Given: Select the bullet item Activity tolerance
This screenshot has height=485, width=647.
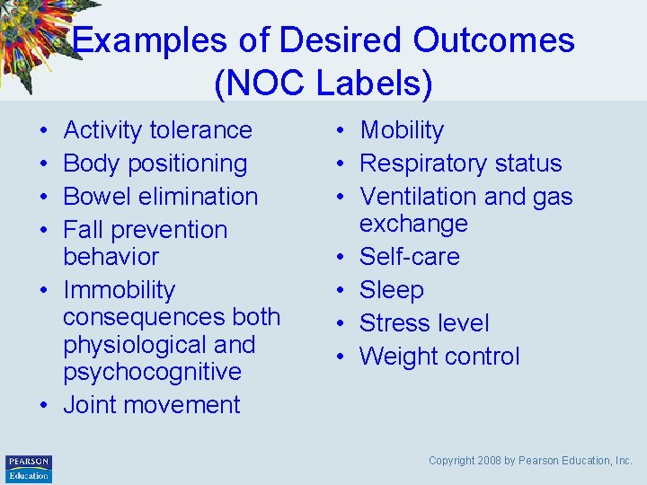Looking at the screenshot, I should pos(157,130).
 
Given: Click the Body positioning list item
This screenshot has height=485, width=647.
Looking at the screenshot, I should pos(155,163).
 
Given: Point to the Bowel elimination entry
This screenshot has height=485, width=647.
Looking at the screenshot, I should pos(160,197).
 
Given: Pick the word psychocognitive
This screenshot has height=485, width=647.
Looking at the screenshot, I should pos(152,372).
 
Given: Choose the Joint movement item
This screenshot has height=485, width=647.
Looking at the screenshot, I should pos(151,405).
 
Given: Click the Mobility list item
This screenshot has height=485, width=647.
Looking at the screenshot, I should pos(402,130).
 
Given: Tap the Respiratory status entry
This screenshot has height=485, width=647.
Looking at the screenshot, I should pos(460,163).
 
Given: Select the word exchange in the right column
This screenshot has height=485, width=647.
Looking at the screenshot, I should pos(413,224).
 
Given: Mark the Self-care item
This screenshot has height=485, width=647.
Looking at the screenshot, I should pos(409,257).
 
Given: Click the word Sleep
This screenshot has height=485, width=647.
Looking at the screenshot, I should pos(391,290).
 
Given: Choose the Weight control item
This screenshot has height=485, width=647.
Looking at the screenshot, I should pos(439,357).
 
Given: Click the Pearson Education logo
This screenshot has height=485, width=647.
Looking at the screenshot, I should pos(29,468).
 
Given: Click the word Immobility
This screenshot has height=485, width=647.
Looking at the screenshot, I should pos(119,290).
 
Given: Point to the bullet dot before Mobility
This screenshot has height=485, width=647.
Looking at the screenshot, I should pos(346,131).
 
